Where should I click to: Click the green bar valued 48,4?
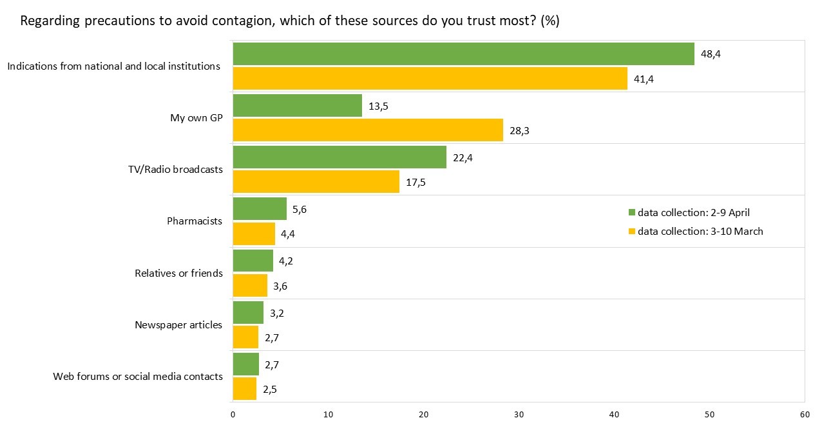[463, 54]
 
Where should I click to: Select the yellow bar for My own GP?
[368, 130]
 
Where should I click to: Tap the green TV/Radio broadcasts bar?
[339, 157]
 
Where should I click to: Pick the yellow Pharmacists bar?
[254, 233]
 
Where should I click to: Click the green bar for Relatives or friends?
[253, 261]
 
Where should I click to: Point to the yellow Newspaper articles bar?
[245, 337]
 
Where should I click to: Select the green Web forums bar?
[246, 364]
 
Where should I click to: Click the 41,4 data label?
[644, 79]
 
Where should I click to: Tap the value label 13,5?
[378, 106]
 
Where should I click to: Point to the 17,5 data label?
[416, 183]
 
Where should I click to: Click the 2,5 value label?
[270, 390]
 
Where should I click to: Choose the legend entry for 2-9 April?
[689, 212]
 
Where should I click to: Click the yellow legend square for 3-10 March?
[631, 231]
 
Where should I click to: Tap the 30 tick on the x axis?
[519, 415]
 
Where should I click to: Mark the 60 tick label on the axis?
[805, 415]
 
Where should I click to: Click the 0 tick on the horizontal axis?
[233, 415]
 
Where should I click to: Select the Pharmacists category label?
[195, 221]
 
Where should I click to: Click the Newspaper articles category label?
[178, 325]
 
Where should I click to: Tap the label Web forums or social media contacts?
[138, 376]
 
